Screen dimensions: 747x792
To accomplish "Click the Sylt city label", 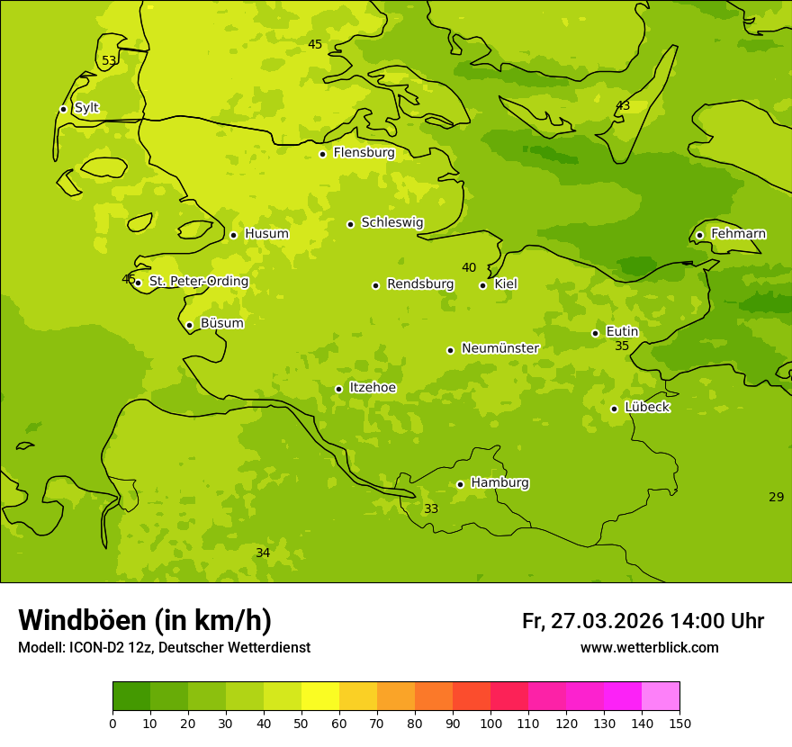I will coord(86,108).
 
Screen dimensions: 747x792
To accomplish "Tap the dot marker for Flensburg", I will coord(322,154).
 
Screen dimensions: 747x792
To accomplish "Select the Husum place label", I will coord(266,234).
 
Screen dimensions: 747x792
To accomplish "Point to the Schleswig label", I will coord(391,222).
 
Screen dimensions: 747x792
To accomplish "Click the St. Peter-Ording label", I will coord(198,282).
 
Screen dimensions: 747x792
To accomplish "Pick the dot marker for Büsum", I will coord(189,325).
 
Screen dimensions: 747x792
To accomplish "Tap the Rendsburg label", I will coord(420,284).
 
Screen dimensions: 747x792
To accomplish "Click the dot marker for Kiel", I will coord(482,285).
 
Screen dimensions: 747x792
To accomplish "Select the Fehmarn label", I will coord(738,234).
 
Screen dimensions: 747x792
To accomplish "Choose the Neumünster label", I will coord(499,348).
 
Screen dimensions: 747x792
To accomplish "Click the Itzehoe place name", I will coord(373,388).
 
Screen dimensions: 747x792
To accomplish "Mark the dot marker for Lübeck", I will coord(614,409).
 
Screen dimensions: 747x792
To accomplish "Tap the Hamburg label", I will coord(499,483).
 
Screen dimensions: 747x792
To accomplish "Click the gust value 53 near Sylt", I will coord(109,61).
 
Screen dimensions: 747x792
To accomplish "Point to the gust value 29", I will coord(776,498).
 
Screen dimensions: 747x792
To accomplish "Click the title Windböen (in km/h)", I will coord(145,620).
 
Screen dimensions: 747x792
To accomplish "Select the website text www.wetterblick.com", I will coord(649,648).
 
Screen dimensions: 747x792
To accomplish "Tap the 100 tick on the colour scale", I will coord(490,724).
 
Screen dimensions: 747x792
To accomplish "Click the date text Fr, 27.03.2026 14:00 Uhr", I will coord(643,621).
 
